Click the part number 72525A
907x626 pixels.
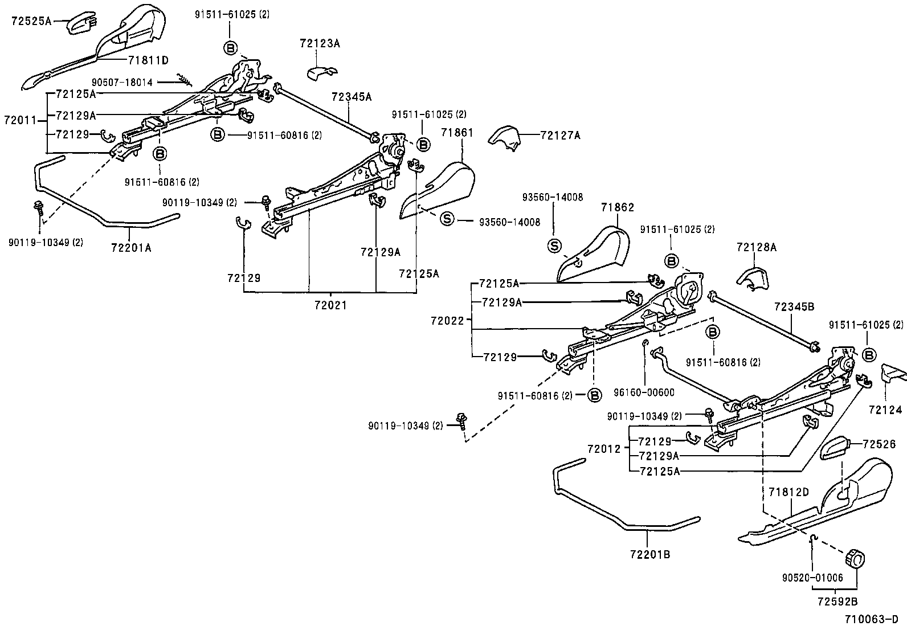pyautogui.click(x=31, y=22)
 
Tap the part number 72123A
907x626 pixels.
pyautogui.click(x=320, y=43)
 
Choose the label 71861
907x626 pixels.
pyautogui.click(x=457, y=133)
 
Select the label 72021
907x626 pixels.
pyautogui.click(x=330, y=305)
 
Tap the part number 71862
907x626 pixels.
pyautogui.click(x=616, y=208)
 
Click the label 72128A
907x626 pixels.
pyautogui.click(x=757, y=247)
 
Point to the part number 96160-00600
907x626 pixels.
pyautogui.click(x=644, y=392)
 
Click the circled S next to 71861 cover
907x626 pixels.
pyautogui.click(x=447, y=219)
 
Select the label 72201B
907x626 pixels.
pyautogui.click(x=650, y=553)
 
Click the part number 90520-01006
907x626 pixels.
pyautogui.click(x=812, y=578)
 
